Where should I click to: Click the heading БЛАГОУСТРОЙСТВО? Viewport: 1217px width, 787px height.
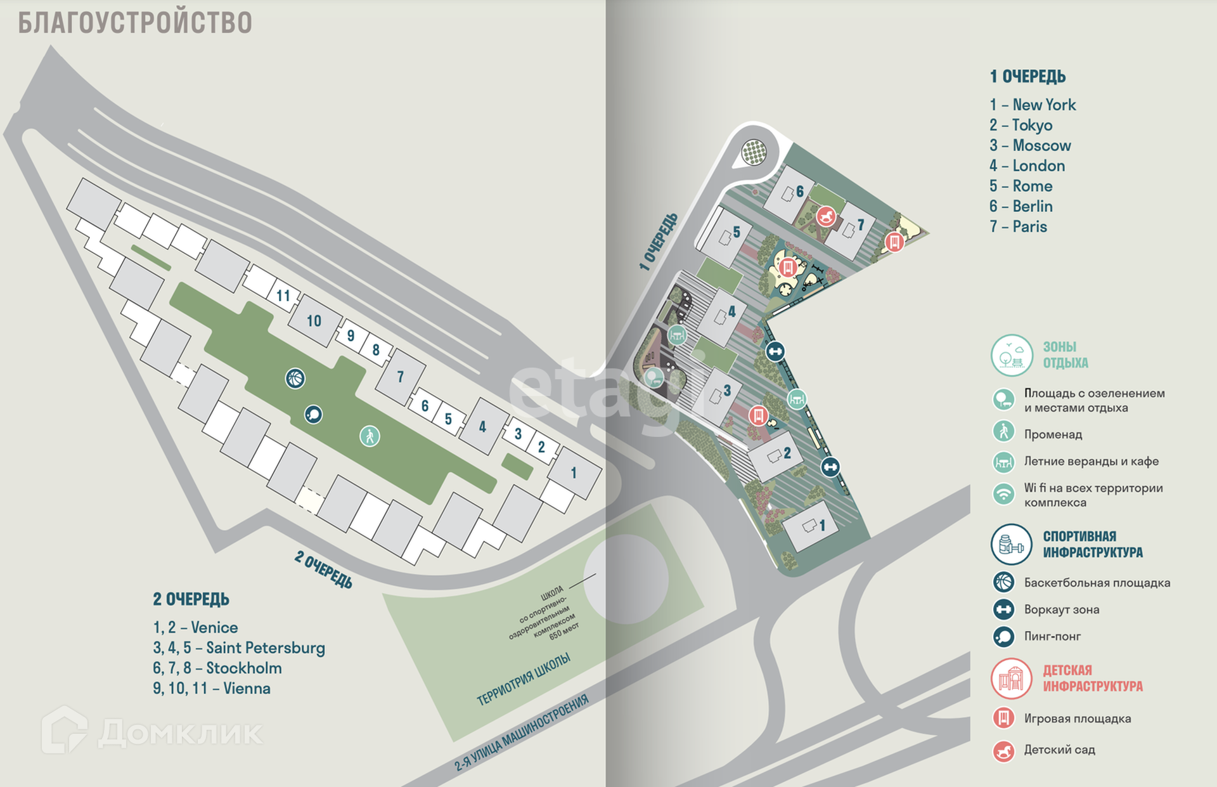pos(135,23)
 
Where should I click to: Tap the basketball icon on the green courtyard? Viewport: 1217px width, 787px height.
pos(295,379)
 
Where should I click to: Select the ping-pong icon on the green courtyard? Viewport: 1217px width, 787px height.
pos(313,415)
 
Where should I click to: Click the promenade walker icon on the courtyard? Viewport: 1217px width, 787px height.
pos(370,436)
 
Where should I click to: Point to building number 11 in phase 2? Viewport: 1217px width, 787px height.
pos(283,296)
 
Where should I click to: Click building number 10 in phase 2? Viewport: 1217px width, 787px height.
pos(314,322)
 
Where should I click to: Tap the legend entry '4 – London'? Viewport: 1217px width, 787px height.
pos(1027,166)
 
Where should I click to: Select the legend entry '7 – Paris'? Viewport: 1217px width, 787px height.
pos(1018,227)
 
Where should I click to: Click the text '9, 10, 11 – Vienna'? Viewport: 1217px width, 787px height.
pos(212,689)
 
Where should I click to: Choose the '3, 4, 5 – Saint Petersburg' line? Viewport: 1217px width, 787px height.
pos(239,648)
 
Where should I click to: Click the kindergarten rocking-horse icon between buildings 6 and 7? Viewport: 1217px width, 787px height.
pos(825,217)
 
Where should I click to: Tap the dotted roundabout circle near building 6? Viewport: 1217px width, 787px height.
pos(754,152)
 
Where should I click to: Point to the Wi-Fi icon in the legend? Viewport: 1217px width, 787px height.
pos(1003,493)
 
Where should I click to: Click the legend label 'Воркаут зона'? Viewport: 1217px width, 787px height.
pos(1061,610)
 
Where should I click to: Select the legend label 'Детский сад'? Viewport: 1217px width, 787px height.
pos(1059,750)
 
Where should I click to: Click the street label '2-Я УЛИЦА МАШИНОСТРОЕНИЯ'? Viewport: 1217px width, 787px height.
pos(522,733)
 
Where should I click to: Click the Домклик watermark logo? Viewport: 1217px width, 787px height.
pos(152,732)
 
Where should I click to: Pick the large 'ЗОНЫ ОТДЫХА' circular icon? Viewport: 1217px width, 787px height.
pos(1011,355)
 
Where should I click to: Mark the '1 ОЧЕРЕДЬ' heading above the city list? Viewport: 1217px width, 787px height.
pos(1027,77)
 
